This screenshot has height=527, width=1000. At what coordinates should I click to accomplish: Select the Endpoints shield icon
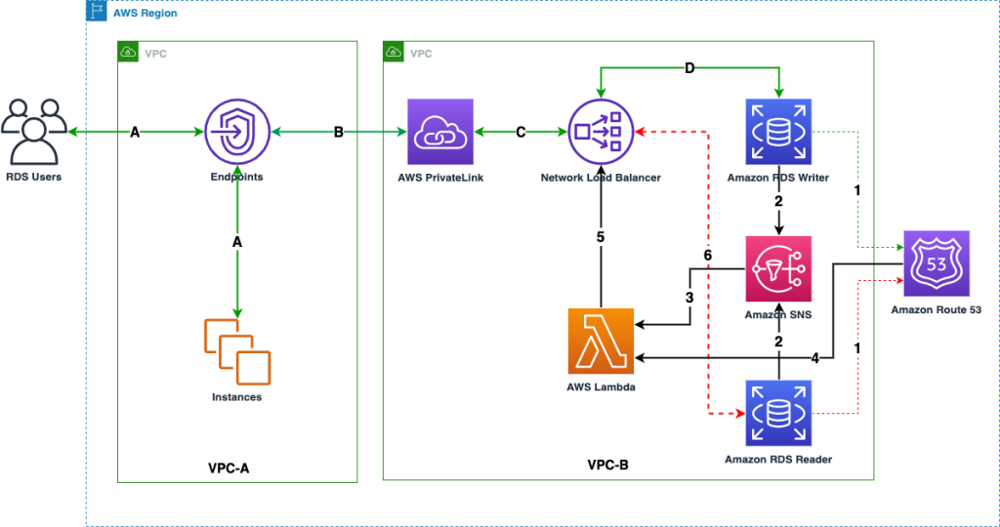pos(237,132)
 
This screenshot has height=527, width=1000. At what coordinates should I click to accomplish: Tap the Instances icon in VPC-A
pos(236,351)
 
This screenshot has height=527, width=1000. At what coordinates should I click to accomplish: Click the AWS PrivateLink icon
pos(439,132)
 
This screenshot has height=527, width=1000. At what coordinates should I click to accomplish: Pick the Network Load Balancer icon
pos(601,132)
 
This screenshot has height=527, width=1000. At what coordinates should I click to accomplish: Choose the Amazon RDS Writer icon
pos(778,132)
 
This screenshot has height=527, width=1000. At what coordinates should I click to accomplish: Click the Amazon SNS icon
pos(778,269)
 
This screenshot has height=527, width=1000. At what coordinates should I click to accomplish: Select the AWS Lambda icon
pos(601,341)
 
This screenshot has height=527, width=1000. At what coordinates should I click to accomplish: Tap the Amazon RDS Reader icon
pos(778,414)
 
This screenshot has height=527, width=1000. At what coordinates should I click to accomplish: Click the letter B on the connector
pos(339,132)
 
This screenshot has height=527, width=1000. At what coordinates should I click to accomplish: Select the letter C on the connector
pos(521,132)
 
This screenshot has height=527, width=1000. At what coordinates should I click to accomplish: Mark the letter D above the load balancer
pos(690,68)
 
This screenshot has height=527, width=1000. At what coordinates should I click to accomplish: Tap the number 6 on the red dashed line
pos(708,255)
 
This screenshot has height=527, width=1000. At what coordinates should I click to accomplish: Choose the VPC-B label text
pos(607,466)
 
